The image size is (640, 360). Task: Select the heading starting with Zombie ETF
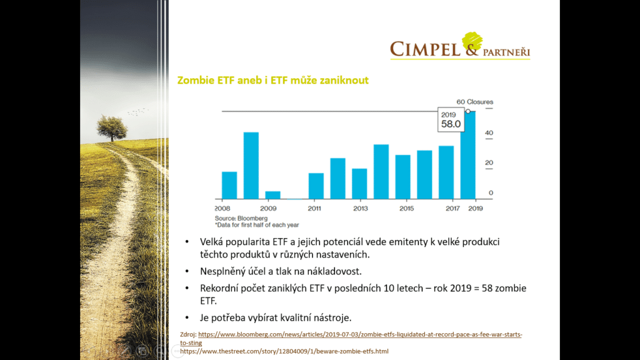click(273, 81)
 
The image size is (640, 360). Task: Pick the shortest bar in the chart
click(272, 194)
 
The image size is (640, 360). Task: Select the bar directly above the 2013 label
click(359, 183)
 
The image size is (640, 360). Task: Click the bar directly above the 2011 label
click(316, 186)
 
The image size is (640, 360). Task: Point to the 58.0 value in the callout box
click(451, 124)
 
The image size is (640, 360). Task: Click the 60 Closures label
click(474, 102)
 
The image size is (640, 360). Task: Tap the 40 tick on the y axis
click(489, 133)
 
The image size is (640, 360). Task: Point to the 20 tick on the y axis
click(489, 163)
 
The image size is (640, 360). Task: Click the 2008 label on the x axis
click(223, 208)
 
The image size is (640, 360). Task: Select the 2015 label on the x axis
click(406, 208)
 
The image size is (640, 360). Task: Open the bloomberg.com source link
click(359, 335)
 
